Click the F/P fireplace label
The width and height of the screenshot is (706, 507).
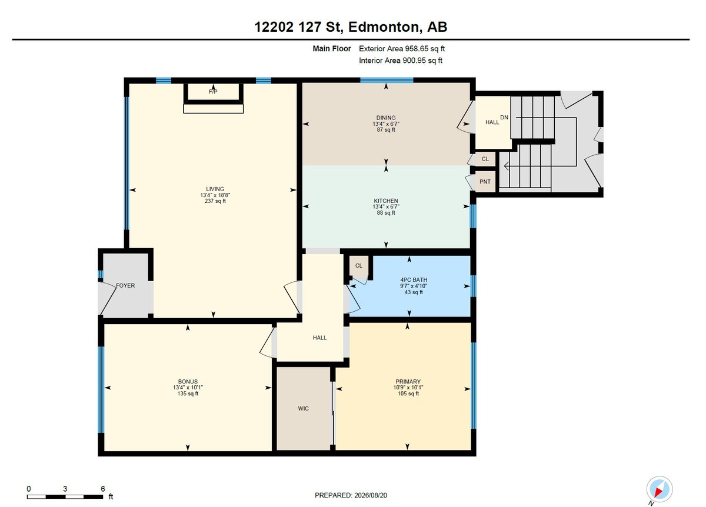pyautogui.click(x=213, y=92)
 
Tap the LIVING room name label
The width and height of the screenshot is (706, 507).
pyautogui.click(x=215, y=189)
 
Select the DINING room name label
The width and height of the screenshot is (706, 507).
pyautogui.click(x=386, y=118)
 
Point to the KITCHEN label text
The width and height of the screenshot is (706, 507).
pyautogui.click(x=386, y=201)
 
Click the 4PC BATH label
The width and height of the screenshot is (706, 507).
pyautogui.click(x=414, y=280)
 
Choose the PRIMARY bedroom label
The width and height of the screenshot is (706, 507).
pyautogui.click(x=408, y=382)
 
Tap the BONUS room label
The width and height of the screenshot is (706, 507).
pyautogui.click(x=188, y=382)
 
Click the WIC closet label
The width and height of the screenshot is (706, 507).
pyautogui.click(x=303, y=409)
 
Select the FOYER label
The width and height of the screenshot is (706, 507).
pyautogui.click(x=125, y=285)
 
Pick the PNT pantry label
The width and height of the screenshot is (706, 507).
pyautogui.click(x=485, y=182)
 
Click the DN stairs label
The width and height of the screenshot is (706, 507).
pyautogui.click(x=504, y=117)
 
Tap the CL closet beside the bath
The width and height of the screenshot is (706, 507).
pyautogui.click(x=359, y=266)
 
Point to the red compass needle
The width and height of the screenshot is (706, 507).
pyautogui.click(x=658, y=492)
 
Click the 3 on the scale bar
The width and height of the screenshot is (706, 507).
pyautogui.click(x=65, y=489)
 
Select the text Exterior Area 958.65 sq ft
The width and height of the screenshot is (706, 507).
pyautogui.click(x=402, y=49)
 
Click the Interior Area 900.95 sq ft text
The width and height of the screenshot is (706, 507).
pyautogui.click(x=401, y=61)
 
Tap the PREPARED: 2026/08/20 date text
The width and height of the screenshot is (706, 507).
pyautogui.click(x=351, y=495)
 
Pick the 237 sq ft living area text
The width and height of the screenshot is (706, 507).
pyautogui.click(x=215, y=201)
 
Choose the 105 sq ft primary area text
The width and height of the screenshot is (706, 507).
pyautogui.click(x=408, y=393)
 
